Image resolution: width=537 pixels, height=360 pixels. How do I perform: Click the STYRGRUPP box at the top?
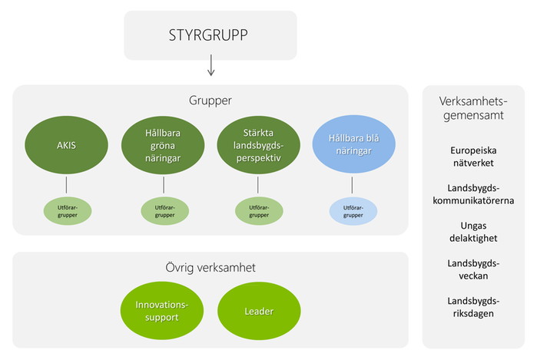click(210, 35)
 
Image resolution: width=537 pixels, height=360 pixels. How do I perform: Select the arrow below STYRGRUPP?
click(211, 70)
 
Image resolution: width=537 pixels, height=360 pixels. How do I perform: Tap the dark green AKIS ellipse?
click(67, 144)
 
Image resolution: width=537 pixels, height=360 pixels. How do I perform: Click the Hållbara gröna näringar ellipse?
click(163, 144)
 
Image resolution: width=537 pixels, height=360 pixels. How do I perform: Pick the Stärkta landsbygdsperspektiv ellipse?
click(257, 144)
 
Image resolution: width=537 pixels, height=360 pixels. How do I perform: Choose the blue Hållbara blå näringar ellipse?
click(353, 144)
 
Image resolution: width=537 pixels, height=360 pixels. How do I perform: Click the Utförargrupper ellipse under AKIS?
click(67, 210)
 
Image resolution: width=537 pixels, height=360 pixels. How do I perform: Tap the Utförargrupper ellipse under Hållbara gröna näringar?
click(163, 210)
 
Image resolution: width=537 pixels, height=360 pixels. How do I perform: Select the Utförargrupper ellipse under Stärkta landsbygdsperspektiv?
click(257, 210)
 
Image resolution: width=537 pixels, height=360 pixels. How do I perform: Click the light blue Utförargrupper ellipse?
click(353, 210)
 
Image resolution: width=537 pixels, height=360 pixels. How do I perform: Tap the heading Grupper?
click(210, 101)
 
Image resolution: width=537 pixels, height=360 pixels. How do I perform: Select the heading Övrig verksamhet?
click(210, 268)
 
